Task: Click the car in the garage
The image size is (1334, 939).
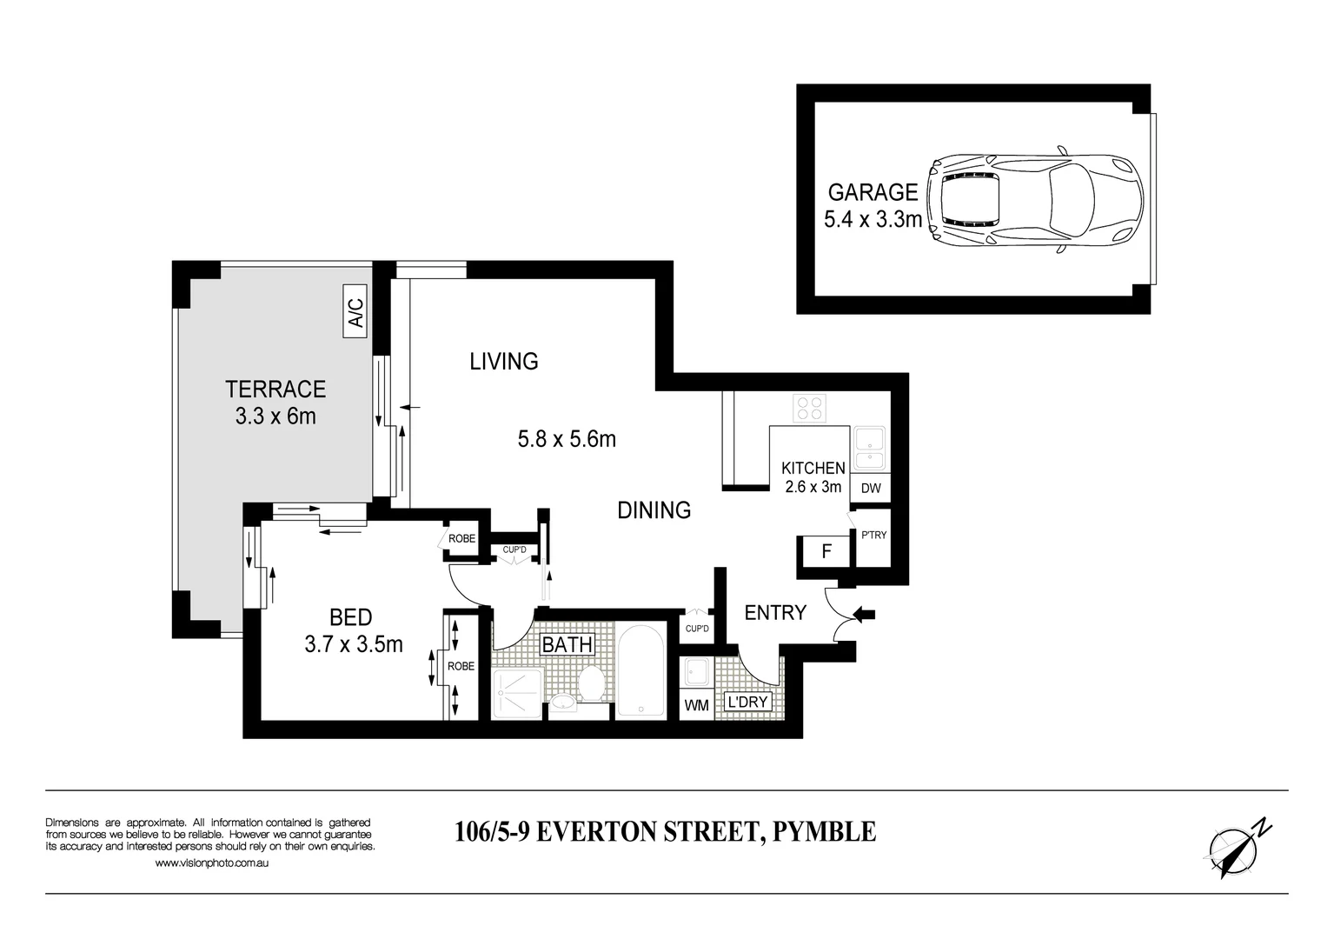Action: click(x=1034, y=199)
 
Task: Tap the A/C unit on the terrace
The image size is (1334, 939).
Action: click(x=355, y=310)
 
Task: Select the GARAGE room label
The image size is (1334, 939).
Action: click(x=873, y=191)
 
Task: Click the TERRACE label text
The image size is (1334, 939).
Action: click(x=275, y=389)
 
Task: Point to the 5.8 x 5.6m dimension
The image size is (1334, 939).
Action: click(x=567, y=439)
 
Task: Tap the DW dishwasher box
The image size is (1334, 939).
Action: click(x=871, y=489)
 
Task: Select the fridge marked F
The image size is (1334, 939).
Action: click(x=826, y=551)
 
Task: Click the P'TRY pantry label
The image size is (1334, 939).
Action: click(x=873, y=535)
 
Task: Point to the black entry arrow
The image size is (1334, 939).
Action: click(x=864, y=616)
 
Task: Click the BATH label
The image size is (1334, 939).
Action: click(x=567, y=645)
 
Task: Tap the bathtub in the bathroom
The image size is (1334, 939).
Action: click(x=641, y=671)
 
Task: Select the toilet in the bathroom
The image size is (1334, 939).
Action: click(x=594, y=683)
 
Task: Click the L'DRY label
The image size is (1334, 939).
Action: click(x=748, y=702)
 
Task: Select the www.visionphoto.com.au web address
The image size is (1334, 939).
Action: click(x=211, y=863)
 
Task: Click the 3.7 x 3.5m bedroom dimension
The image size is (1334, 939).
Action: click(x=354, y=644)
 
